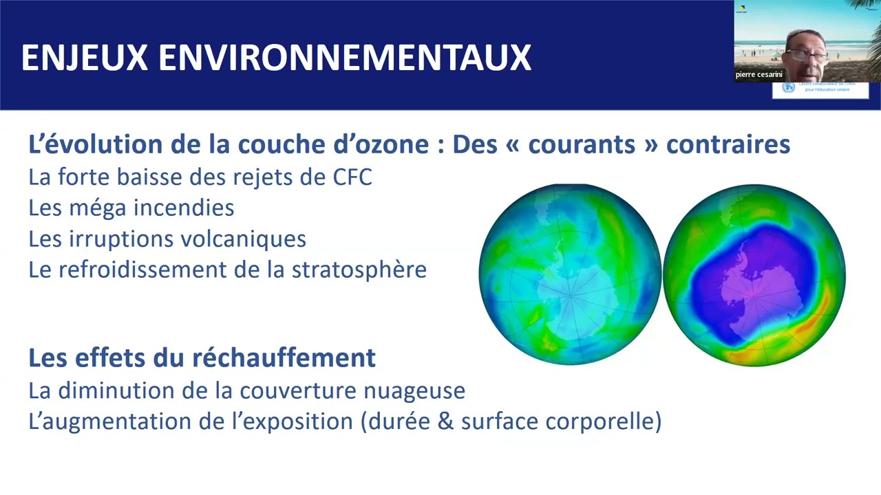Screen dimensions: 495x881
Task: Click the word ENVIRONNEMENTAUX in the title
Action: [x=345, y=58]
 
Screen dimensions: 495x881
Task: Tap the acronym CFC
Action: [x=351, y=177]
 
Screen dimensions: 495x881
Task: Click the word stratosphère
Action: [x=359, y=269]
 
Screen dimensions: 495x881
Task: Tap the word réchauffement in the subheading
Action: [x=284, y=357]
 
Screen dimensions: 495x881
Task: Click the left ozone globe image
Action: [x=570, y=274]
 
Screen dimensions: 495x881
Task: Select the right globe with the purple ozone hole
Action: [x=754, y=275]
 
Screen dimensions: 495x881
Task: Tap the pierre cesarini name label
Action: [x=759, y=74]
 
